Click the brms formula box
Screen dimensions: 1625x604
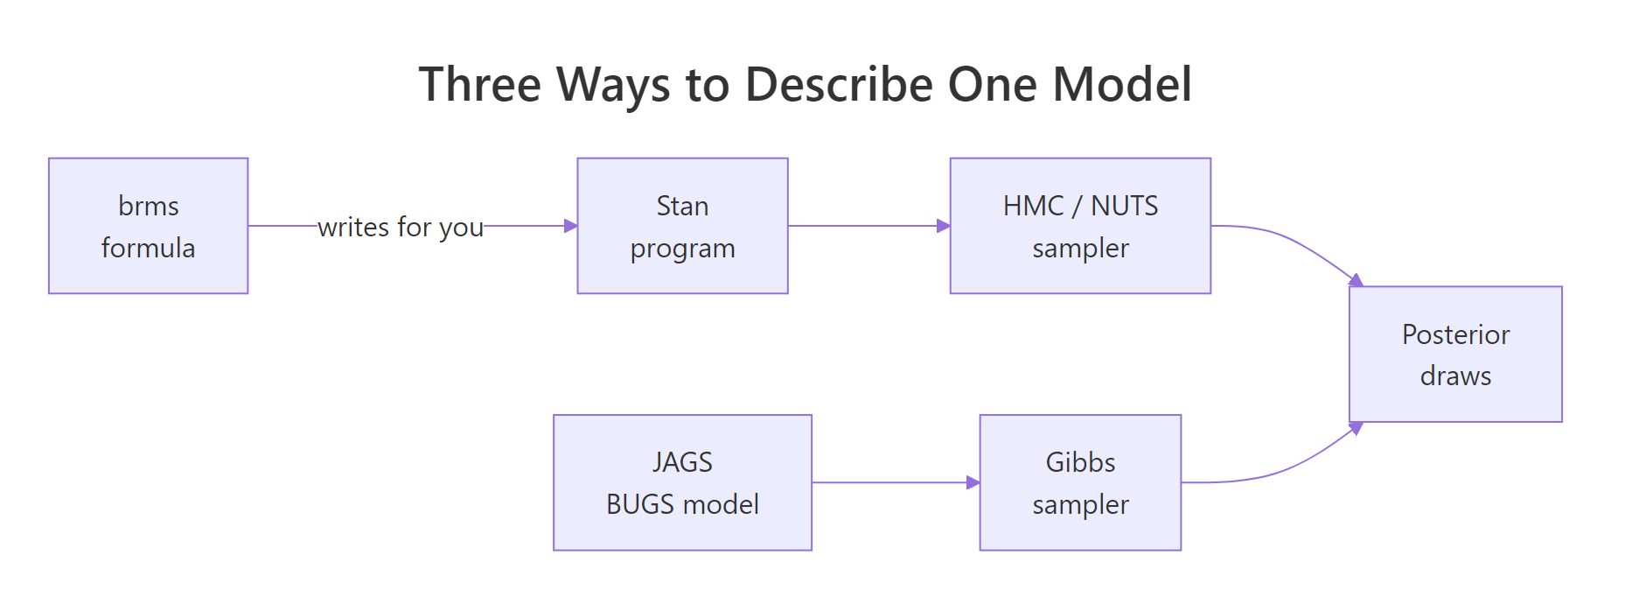point(149,226)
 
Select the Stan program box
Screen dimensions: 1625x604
point(682,226)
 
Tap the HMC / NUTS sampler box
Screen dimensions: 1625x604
point(1080,226)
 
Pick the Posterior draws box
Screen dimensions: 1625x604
point(1455,355)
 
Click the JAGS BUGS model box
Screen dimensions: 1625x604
point(682,482)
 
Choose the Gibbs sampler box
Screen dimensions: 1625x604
point(1080,482)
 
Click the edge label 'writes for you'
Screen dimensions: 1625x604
point(401,228)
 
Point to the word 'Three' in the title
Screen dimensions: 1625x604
point(480,85)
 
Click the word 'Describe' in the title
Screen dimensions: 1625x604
point(840,85)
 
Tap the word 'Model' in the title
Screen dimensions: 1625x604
point(1122,85)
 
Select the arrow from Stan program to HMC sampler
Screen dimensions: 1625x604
point(869,226)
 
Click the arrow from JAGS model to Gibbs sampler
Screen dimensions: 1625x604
point(896,482)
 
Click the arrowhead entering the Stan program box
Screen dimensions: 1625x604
point(571,226)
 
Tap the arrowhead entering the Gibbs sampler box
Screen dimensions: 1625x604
point(973,482)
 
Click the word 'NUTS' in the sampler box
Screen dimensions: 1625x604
point(1125,206)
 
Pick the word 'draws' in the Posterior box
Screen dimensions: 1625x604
point(1455,376)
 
